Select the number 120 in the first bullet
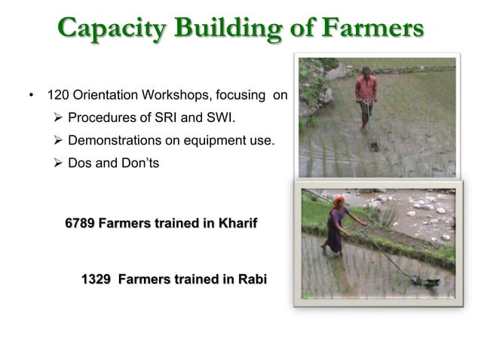click(x=58, y=97)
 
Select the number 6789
click(x=80, y=224)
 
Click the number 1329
click(x=96, y=280)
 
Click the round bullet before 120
click(x=31, y=97)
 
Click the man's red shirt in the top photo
click(x=366, y=88)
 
